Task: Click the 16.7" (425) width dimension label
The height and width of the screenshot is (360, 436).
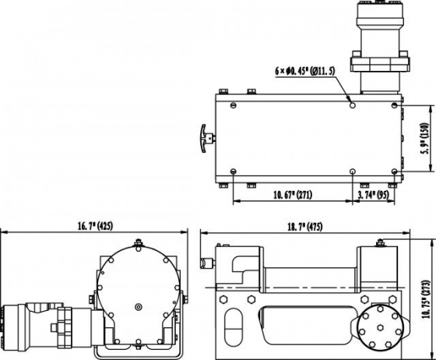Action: click(x=95, y=226)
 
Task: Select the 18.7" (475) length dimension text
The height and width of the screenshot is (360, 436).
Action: click(x=305, y=226)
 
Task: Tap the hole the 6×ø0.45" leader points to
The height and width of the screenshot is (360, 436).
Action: click(x=353, y=102)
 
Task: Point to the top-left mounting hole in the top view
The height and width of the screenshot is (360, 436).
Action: click(x=234, y=102)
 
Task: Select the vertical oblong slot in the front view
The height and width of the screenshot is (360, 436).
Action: click(x=230, y=323)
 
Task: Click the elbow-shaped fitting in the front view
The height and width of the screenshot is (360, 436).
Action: click(x=241, y=269)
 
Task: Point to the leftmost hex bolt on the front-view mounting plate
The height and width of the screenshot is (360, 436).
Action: click(x=226, y=297)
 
